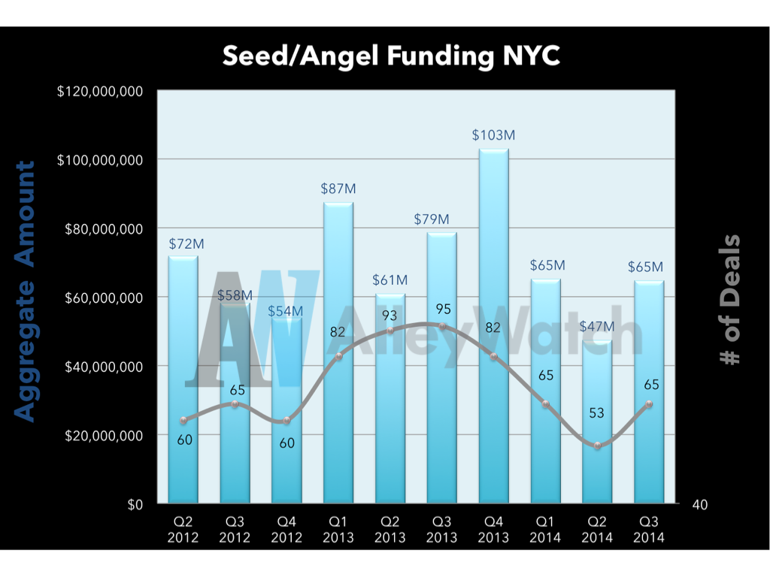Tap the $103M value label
pos(493,135)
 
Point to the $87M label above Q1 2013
pos(338,189)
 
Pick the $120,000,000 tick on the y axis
pos(100,92)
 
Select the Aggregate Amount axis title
pos(26,292)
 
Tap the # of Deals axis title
pos(729,301)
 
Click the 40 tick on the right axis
pos(699,505)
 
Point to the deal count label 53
pos(596,413)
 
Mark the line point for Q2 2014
pos(598,446)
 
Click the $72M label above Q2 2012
pos(186,243)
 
